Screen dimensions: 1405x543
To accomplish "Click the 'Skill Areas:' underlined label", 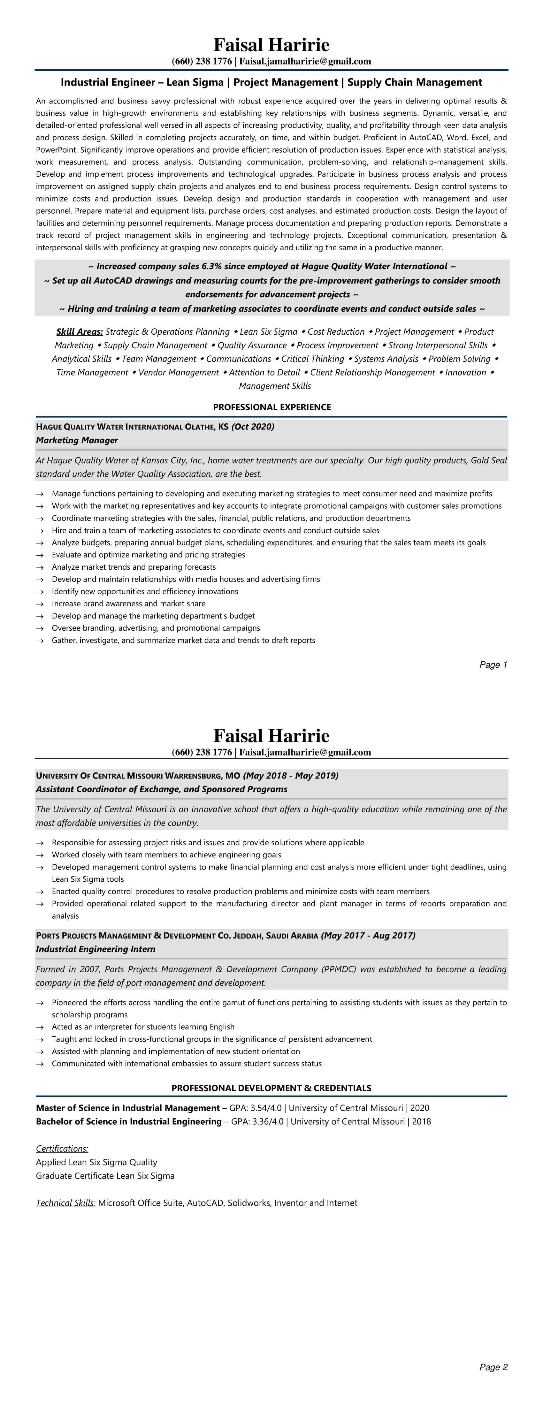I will (80, 332).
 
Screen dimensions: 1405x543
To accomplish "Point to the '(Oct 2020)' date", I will (253, 427).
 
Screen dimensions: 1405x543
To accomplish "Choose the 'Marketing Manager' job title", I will (77, 440).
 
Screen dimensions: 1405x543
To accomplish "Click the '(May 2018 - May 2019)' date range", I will (291, 776).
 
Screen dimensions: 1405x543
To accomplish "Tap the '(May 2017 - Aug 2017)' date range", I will (368, 935).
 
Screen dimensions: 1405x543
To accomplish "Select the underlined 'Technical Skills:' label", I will (65, 1203).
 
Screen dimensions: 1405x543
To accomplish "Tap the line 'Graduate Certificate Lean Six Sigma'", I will (105, 1176).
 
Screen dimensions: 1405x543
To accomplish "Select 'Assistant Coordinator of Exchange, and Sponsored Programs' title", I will (162, 789).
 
